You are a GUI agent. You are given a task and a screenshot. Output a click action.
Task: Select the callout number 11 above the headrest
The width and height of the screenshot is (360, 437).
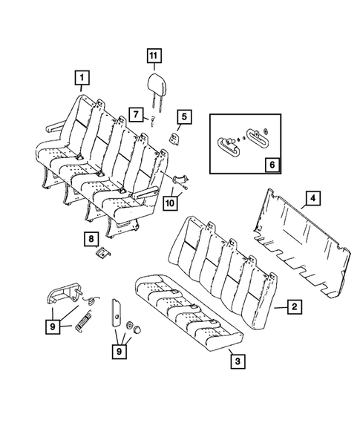pos(153,56)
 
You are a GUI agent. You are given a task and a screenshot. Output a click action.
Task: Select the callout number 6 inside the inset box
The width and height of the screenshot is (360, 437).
pos(271,162)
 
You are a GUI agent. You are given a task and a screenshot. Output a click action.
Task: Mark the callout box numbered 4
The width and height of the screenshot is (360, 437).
pos(313,198)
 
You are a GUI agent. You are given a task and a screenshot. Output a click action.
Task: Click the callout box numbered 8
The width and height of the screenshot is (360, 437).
pos(91,238)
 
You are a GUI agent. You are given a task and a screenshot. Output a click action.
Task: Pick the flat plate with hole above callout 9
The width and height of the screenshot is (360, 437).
pos(117,312)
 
